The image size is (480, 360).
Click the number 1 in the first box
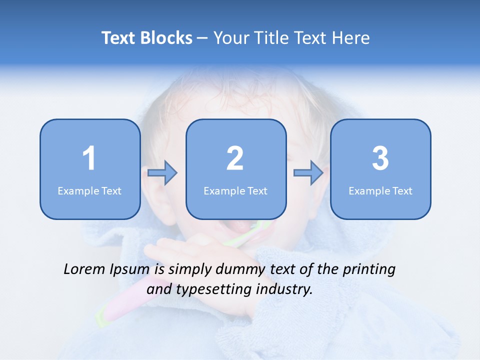(x=89, y=158)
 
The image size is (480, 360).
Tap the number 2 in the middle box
(x=235, y=158)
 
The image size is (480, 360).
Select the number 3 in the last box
(x=380, y=158)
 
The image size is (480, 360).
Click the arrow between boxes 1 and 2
(x=162, y=173)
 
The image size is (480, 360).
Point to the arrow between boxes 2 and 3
(x=308, y=173)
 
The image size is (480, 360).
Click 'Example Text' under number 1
(x=89, y=190)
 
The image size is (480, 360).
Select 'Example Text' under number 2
(x=235, y=190)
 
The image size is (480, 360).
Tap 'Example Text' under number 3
(x=380, y=190)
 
